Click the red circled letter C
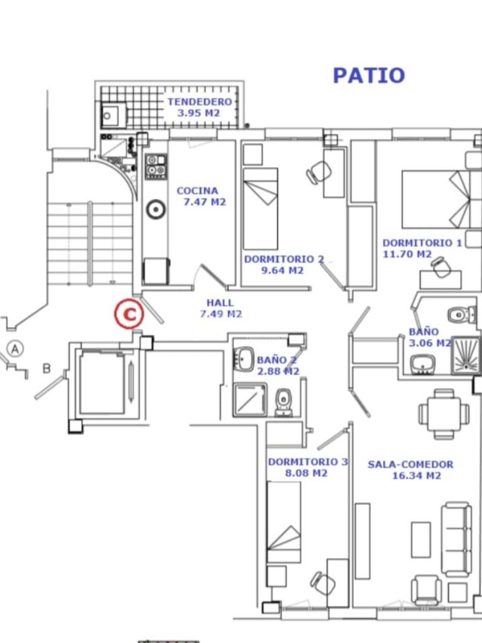pos(129,315)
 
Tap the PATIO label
pos(369,76)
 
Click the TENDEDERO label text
pos(200,102)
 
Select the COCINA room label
pos(197,191)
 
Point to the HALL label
pos(220,303)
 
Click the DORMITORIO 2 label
pos(284,259)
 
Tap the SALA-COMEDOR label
pos(410,465)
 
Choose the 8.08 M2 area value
pos(306,473)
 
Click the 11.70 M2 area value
pos(407,254)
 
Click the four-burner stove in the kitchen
pos(156,166)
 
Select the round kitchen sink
pos(156,209)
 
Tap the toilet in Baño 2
pos(283,402)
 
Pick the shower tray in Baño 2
pos(250,400)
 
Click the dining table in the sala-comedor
pos(444,413)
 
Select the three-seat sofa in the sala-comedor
pos(456,538)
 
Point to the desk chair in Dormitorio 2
pos(318,172)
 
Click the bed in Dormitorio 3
pos(284,522)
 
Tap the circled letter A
pos(15,349)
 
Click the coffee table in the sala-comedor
pos(421,539)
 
